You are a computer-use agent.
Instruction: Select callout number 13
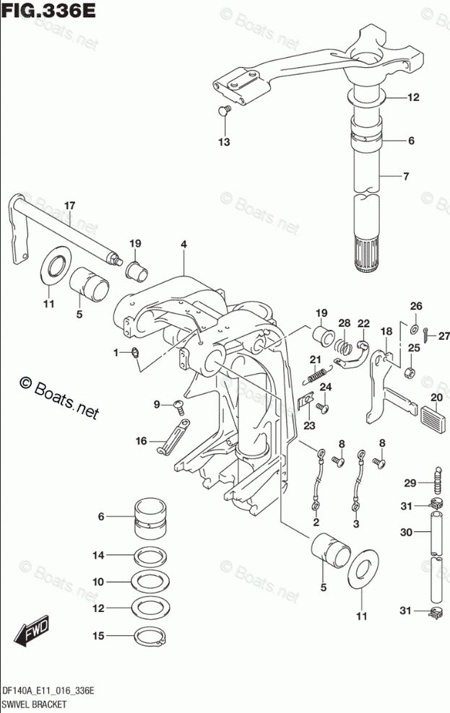225,142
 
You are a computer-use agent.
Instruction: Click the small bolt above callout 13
224,110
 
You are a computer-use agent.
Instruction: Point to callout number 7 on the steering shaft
406,176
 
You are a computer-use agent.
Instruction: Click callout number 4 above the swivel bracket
184,245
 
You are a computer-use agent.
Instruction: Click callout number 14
98,555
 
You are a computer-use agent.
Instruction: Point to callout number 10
98,582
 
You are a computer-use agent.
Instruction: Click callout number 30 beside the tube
407,532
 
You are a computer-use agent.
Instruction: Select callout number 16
141,440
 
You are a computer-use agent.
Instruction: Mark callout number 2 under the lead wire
316,522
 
